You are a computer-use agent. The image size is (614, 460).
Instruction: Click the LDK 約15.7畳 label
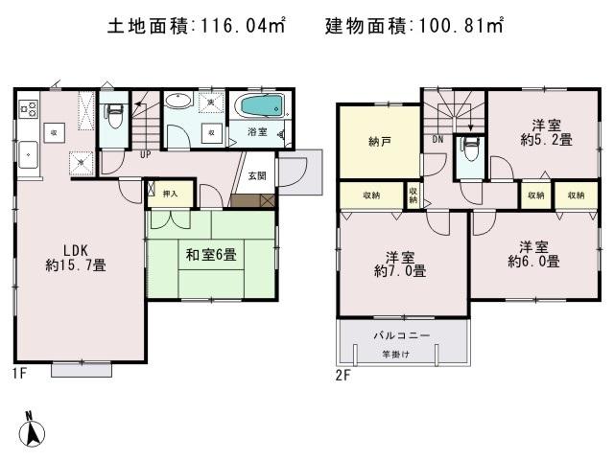(x=75, y=257)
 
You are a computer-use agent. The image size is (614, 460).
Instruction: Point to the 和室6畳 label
(x=210, y=255)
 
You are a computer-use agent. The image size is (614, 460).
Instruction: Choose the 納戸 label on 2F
(x=380, y=143)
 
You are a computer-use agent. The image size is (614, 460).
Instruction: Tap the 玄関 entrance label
(x=257, y=175)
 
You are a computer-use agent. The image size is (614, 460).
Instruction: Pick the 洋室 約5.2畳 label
(x=546, y=131)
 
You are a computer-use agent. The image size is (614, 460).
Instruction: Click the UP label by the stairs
(x=145, y=154)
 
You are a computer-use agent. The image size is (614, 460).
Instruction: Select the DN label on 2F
(x=437, y=140)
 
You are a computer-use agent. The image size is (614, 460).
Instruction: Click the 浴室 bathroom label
(x=257, y=131)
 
